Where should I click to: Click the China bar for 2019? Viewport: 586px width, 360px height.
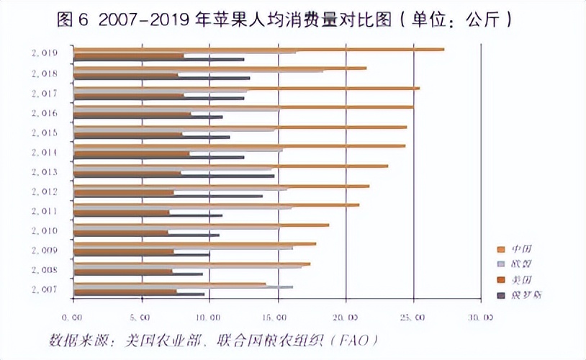[x=259, y=49]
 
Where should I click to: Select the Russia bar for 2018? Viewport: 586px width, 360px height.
[x=162, y=78]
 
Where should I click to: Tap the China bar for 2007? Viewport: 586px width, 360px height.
[x=170, y=284]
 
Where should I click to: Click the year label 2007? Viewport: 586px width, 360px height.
[x=45, y=289]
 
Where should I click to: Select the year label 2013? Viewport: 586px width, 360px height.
[x=45, y=171]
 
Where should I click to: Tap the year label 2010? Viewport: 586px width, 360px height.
[x=45, y=230]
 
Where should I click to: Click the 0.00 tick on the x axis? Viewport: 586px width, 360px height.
[x=73, y=316]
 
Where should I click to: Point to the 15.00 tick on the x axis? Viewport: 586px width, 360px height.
[x=278, y=316]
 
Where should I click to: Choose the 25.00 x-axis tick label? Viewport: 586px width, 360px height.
[x=414, y=316]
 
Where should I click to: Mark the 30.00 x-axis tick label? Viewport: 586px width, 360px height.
[x=482, y=316]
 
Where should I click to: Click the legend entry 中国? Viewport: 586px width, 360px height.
[x=522, y=248]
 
